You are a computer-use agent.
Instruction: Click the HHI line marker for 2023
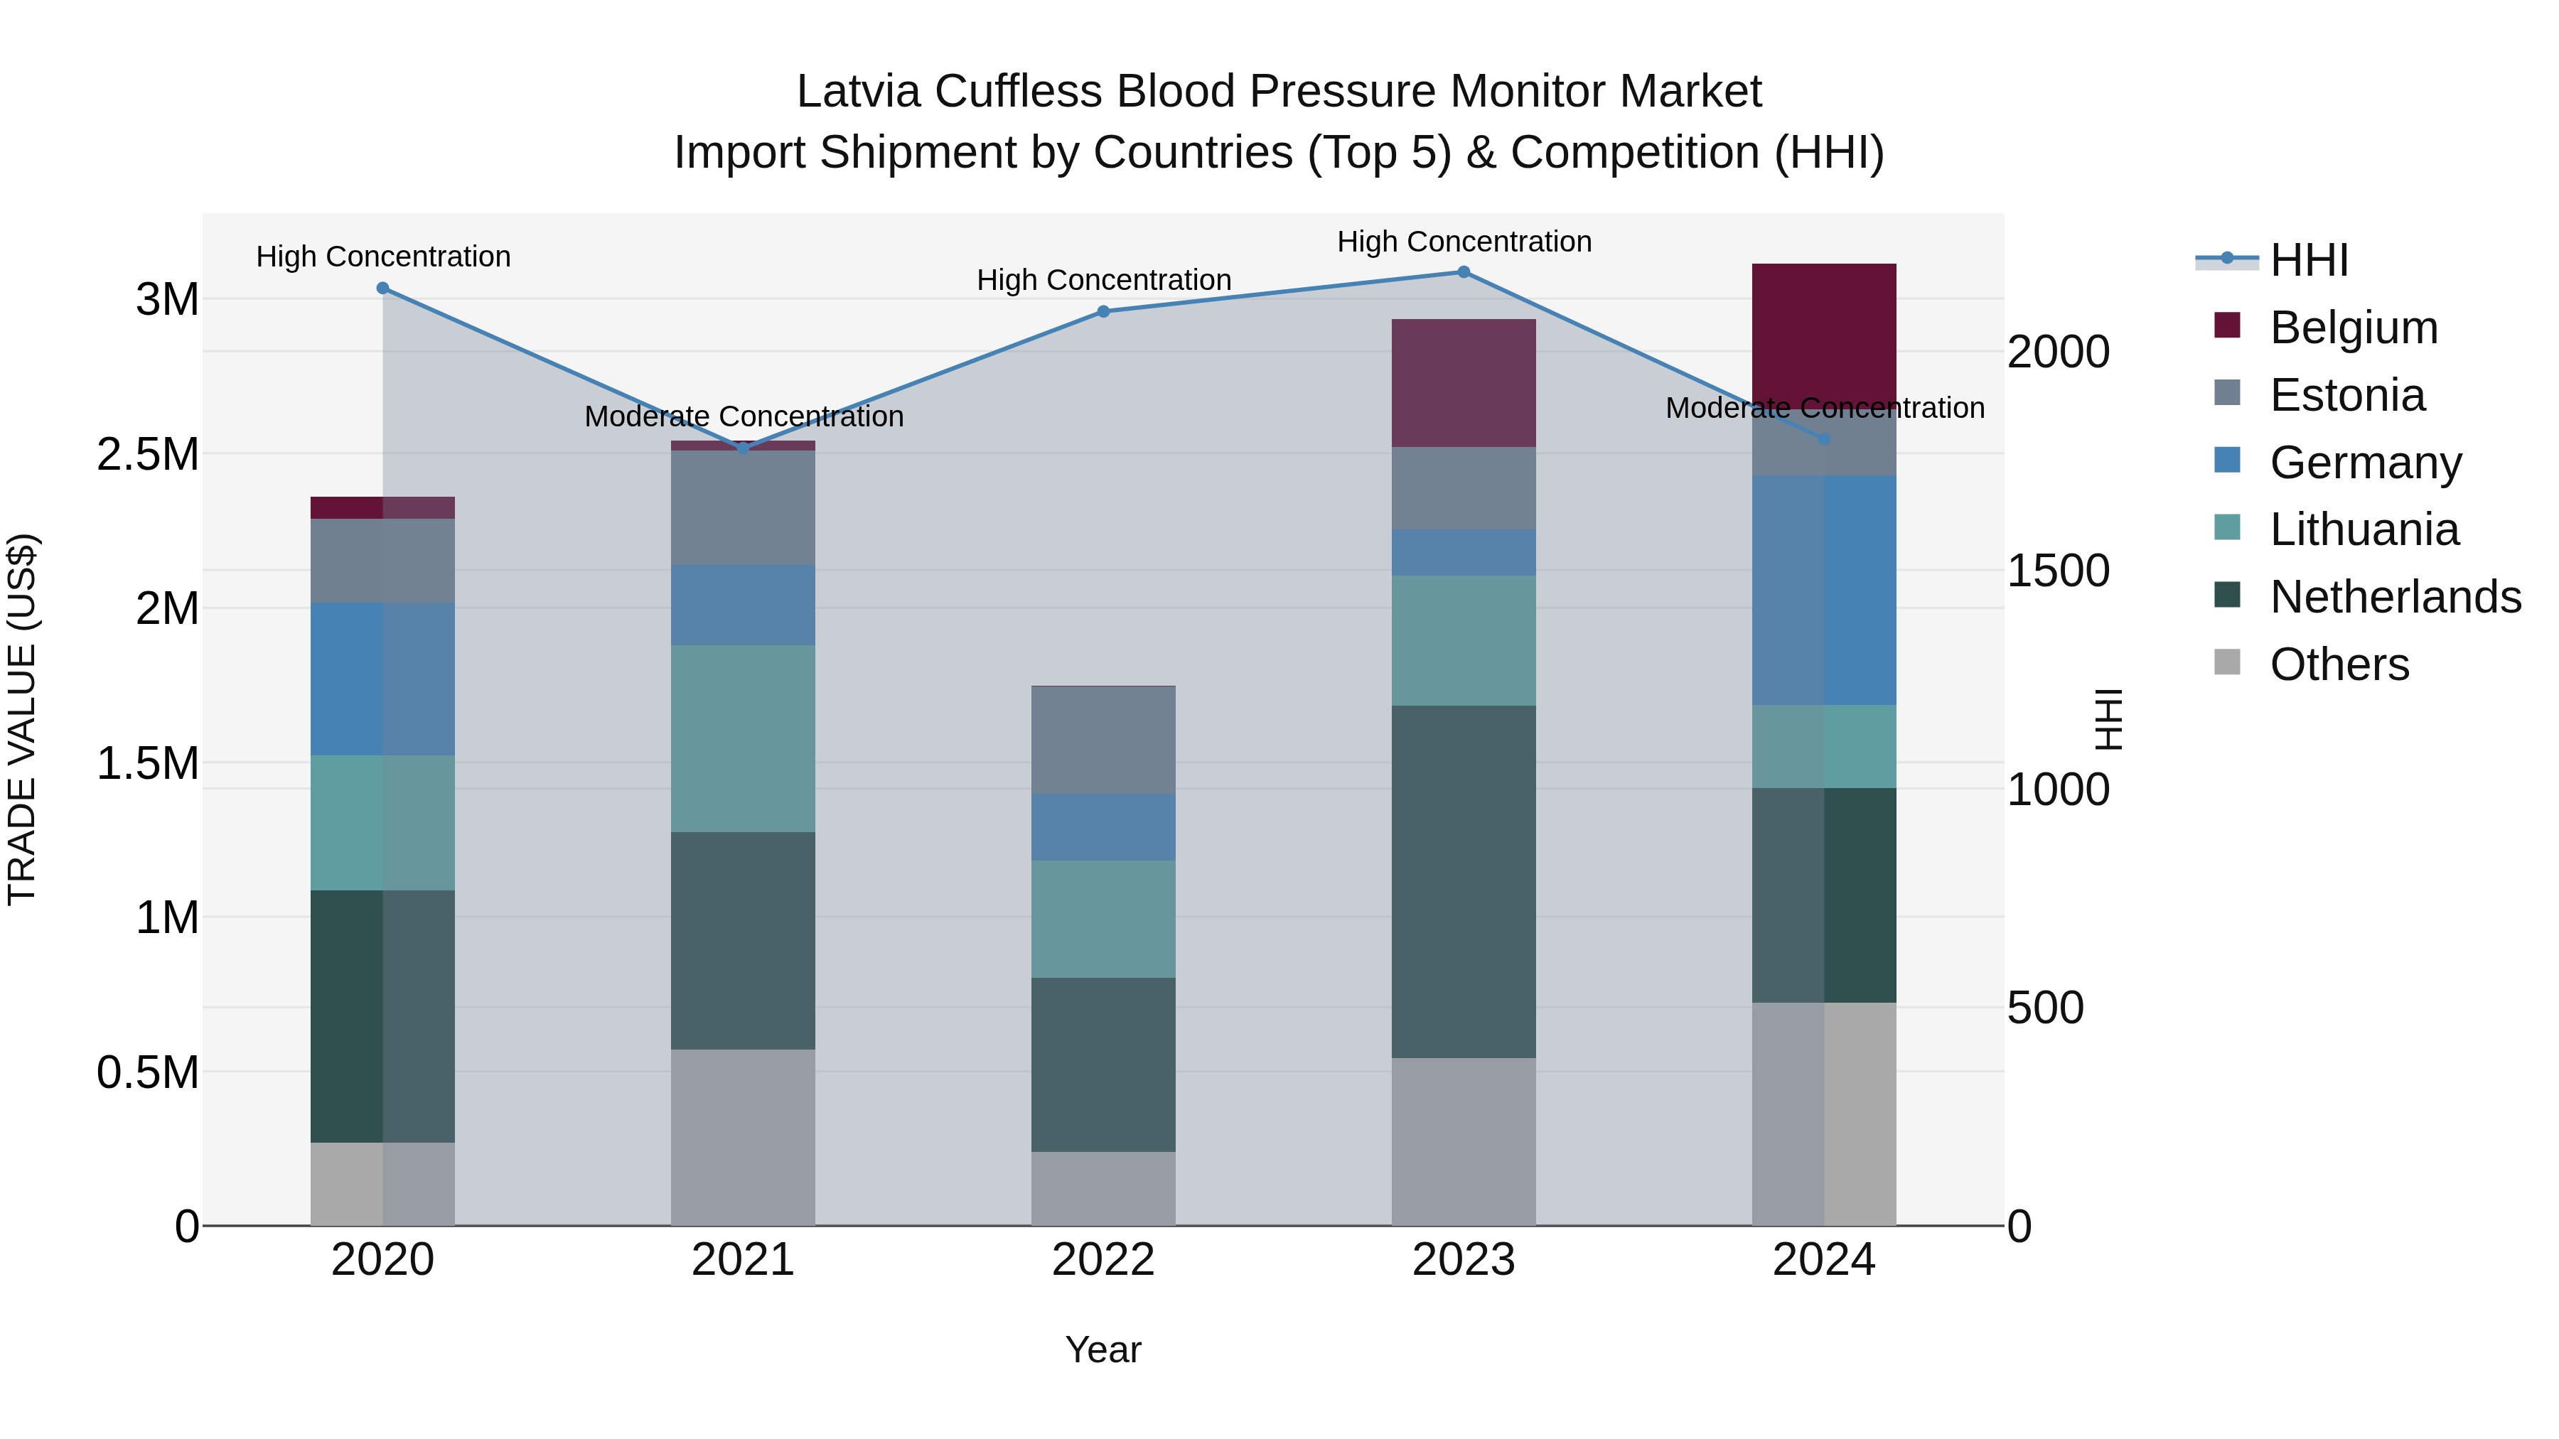(x=1464, y=272)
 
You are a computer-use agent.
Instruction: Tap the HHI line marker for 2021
(x=743, y=448)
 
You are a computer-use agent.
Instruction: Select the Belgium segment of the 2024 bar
(x=1824, y=333)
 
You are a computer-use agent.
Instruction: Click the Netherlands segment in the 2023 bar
(x=1464, y=881)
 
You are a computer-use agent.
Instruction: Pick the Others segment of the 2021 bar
(x=743, y=1137)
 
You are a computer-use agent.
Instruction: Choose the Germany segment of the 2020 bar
(x=382, y=679)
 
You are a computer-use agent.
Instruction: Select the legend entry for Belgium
(x=2354, y=328)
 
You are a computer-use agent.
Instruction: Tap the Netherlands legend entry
(x=2395, y=597)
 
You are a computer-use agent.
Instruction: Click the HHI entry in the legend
(x=2309, y=260)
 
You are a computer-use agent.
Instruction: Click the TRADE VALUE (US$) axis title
(x=22, y=719)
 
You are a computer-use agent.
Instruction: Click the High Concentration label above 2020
(x=383, y=257)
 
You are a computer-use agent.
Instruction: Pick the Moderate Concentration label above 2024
(x=1824, y=408)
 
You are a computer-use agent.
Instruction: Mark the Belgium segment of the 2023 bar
(x=1464, y=382)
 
